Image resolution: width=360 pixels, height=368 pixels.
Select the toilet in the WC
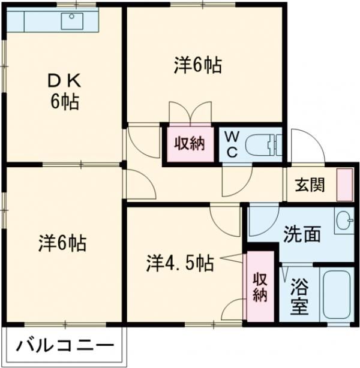pyautogui.click(x=264, y=144)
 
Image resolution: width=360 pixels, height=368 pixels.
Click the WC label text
pyautogui.click(x=232, y=144)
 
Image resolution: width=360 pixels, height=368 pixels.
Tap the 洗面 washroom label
pyautogui.click(x=301, y=234)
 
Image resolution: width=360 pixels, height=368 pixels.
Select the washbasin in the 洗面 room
pyautogui.click(x=344, y=221)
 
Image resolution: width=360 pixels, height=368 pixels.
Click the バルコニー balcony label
pyautogui.click(x=64, y=346)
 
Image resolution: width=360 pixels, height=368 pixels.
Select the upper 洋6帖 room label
pyautogui.click(x=198, y=65)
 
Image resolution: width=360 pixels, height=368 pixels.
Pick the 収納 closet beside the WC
pyautogui.click(x=190, y=144)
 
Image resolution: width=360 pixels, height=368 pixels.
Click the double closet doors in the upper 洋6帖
pyautogui.click(x=190, y=113)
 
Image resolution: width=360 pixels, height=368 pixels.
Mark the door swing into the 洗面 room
pyautogui.click(x=262, y=218)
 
